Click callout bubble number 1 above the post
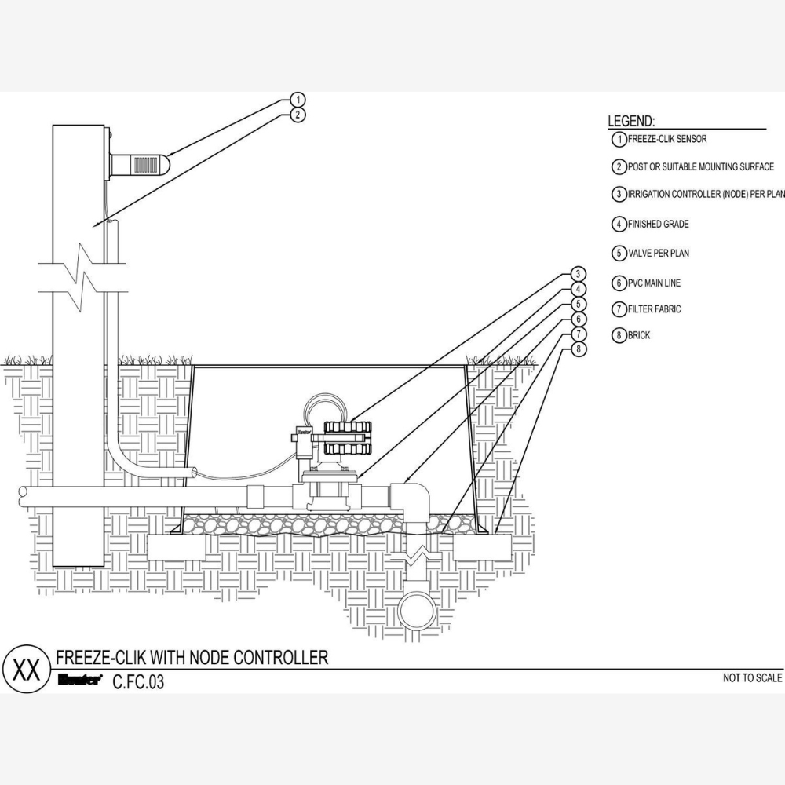pyautogui.click(x=298, y=100)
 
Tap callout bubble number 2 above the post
pyautogui.click(x=298, y=115)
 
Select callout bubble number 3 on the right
pyautogui.click(x=579, y=274)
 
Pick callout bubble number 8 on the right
pyautogui.click(x=579, y=349)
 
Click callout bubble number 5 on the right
pyautogui.click(x=579, y=304)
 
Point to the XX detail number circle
pyautogui.click(x=27, y=670)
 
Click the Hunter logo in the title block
pyautogui.click(x=80, y=679)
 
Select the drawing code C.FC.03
pyautogui.click(x=138, y=682)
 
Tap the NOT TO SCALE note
pyautogui.click(x=752, y=678)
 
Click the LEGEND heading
pyautogui.click(x=631, y=121)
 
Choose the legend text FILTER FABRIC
pyautogui.click(x=655, y=309)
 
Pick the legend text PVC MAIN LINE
pyautogui.click(x=654, y=283)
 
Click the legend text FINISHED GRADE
pyautogui.click(x=659, y=225)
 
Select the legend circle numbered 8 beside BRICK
pyautogui.click(x=619, y=335)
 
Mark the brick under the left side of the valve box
pyautogui.click(x=177, y=547)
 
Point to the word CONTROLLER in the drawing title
pyautogui.click(x=280, y=657)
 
